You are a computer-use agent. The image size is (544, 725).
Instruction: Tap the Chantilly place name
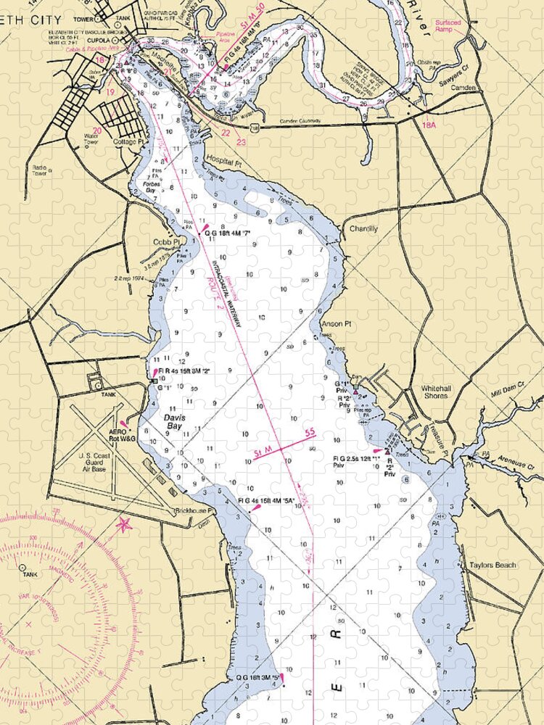point(363,229)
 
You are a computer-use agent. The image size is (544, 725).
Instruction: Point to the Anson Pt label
point(335,324)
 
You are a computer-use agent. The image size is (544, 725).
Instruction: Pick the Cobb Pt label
point(165,242)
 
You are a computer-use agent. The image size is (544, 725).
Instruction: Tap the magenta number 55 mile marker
point(310,434)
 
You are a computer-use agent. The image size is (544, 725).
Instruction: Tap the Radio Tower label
point(39,171)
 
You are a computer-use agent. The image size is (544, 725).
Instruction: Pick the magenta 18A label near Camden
point(429,125)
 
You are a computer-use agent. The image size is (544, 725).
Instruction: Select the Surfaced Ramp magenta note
point(448,26)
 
